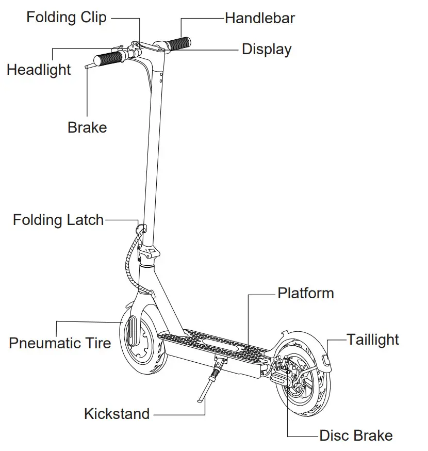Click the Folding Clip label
(x=67, y=18)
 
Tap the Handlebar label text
(x=260, y=19)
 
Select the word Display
(x=267, y=50)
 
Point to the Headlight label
(x=39, y=70)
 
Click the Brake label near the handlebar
(x=87, y=127)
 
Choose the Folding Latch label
(x=58, y=220)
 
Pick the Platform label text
(x=306, y=293)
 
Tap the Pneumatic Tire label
(x=60, y=343)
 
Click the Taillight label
(x=372, y=340)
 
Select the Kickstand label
(x=117, y=414)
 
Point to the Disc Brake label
(x=356, y=436)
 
